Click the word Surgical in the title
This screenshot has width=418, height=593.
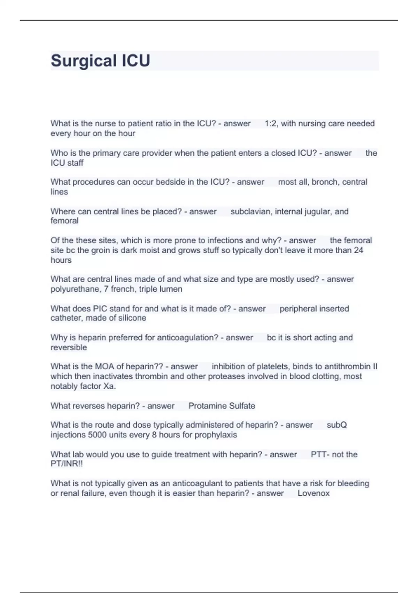tap(84, 61)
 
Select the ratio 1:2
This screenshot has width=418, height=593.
tap(271, 123)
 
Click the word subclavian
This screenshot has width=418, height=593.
tap(250, 211)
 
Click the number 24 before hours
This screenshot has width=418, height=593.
tap(358, 250)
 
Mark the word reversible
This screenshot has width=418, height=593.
tap(69, 347)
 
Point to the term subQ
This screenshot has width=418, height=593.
tap(336, 425)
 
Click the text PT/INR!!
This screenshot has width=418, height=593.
tap(67, 464)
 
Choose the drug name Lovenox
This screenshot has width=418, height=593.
tap(313, 493)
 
